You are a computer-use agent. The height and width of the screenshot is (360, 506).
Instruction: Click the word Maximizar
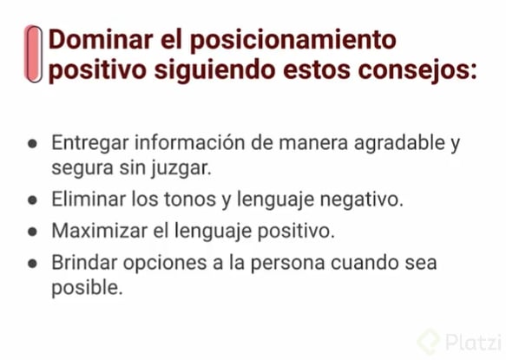click(98, 231)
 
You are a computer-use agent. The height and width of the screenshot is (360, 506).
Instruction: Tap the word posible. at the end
click(87, 287)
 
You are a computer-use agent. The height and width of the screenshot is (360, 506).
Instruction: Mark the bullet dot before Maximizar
click(32, 232)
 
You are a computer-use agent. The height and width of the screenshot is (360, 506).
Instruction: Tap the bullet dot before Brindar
click(32, 263)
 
